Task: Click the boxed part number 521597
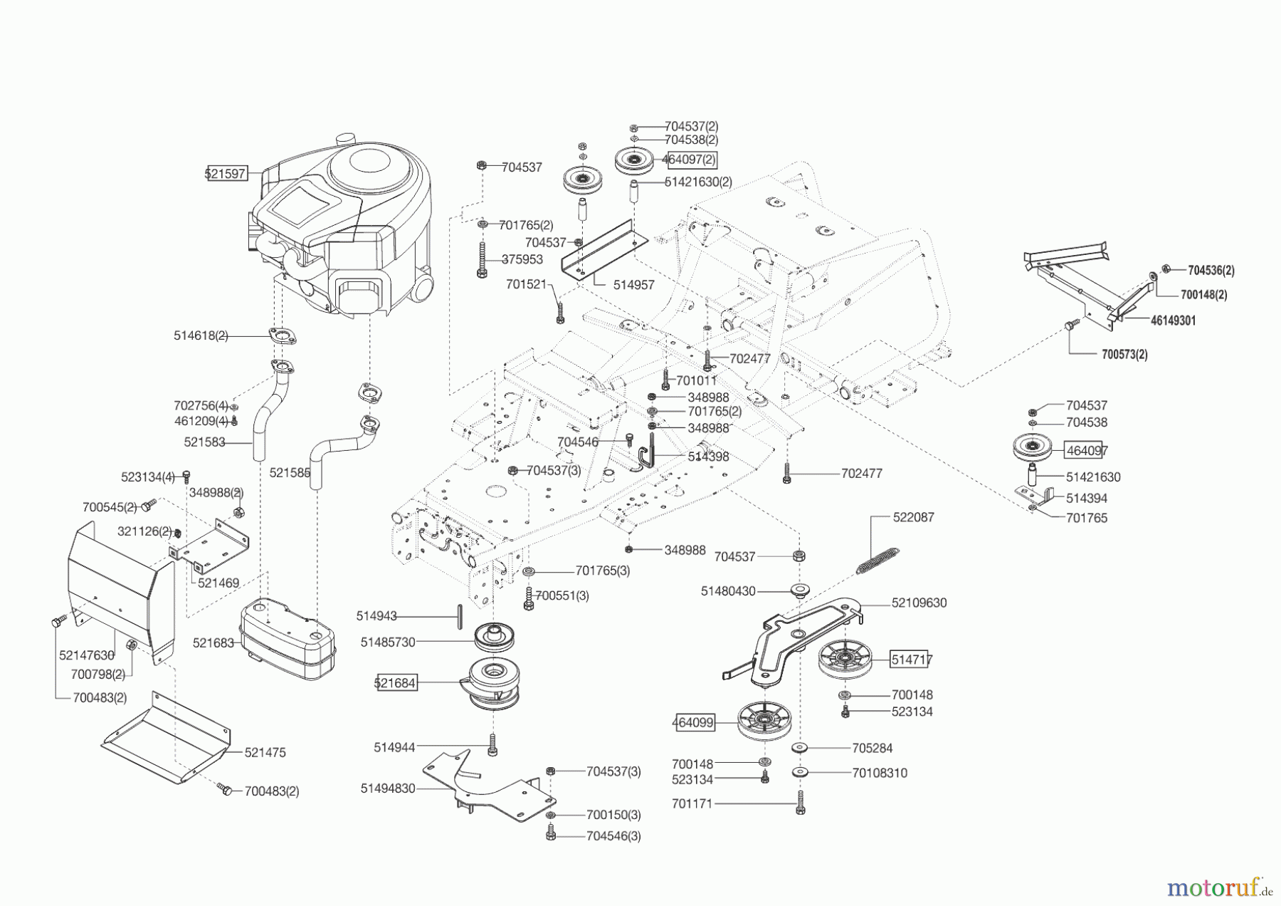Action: point(226,173)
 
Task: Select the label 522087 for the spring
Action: point(913,517)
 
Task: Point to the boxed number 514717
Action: point(912,660)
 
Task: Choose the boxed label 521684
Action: point(395,683)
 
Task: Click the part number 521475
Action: point(265,752)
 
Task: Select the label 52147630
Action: point(87,655)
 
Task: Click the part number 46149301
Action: point(1173,321)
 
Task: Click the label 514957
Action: point(634,285)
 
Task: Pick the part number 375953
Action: point(522,260)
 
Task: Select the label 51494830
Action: point(388,788)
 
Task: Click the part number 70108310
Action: point(880,773)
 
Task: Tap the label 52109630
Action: point(919,603)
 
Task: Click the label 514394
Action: point(1086,499)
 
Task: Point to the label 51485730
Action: point(388,642)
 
